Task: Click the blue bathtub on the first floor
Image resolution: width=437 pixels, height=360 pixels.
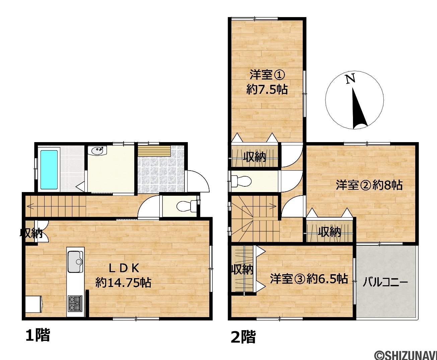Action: (x=49, y=170)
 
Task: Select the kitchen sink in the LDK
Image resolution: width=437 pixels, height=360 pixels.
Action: (x=75, y=262)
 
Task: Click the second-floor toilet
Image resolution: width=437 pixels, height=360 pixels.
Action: (x=241, y=181)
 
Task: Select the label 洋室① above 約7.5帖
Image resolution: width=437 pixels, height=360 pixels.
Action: (x=267, y=75)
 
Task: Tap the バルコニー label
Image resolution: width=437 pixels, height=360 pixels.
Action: (x=385, y=283)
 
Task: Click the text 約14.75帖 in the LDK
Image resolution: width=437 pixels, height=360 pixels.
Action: (x=123, y=282)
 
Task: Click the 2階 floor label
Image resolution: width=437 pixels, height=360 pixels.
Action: (x=243, y=337)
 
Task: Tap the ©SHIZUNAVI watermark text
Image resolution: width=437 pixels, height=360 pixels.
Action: (x=407, y=355)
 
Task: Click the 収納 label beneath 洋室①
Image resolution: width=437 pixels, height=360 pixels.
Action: (x=254, y=157)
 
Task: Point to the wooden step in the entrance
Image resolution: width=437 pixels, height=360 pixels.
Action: (x=154, y=151)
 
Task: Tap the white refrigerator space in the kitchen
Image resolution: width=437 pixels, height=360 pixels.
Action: (x=33, y=304)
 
